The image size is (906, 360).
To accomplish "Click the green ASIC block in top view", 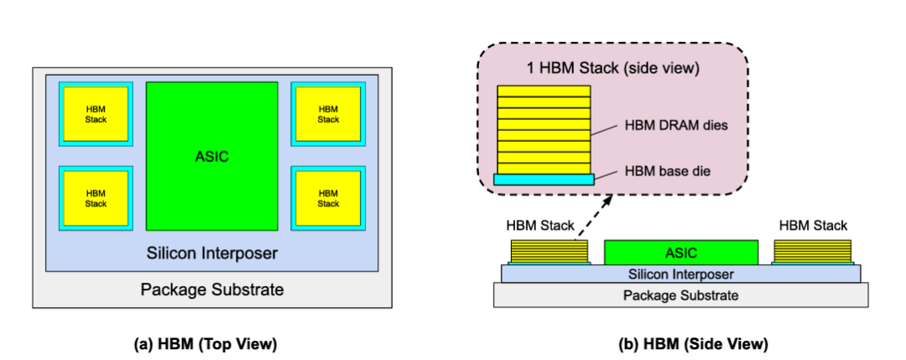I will coord(211,156).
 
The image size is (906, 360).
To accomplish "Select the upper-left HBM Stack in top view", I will coord(96,114).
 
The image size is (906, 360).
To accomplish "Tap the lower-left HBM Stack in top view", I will coord(96,198).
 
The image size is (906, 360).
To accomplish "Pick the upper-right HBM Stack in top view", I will coord(328,114).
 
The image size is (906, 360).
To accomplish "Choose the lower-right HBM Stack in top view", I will coord(328,198).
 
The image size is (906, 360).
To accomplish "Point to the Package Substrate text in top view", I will coord(211,290).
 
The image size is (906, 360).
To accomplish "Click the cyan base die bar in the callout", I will coord(544,179).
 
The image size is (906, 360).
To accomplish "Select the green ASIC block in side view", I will coord(680,252).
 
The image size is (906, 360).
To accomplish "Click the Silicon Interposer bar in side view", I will coord(680,274).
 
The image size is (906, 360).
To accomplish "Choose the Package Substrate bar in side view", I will coord(680,295).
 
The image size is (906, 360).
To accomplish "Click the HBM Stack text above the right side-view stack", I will coord(813,226).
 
